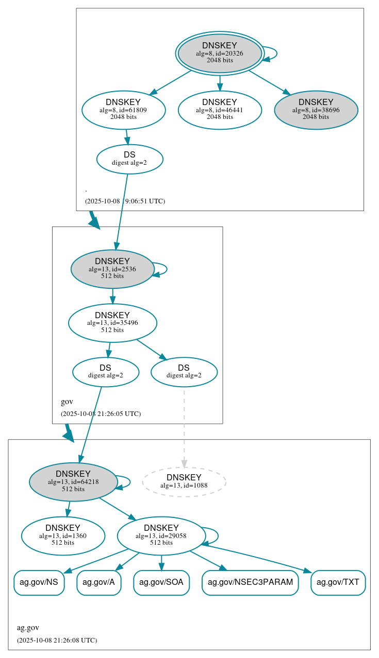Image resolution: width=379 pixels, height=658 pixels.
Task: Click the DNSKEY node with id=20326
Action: click(x=220, y=53)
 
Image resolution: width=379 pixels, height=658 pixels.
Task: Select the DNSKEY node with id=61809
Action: click(x=123, y=109)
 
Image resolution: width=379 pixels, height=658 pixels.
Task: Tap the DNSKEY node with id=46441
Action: click(x=220, y=109)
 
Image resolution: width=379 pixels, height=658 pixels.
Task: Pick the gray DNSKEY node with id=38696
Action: click(x=316, y=109)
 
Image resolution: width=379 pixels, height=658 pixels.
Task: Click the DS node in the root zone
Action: click(x=129, y=159)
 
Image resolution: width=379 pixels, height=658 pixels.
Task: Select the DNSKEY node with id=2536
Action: click(x=112, y=269)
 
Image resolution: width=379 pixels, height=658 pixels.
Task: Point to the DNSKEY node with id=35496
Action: click(x=112, y=323)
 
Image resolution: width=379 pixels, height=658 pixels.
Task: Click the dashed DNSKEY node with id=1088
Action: click(x=184, y=481)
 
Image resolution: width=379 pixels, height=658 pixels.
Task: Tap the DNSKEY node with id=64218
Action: click(x=73, y=481)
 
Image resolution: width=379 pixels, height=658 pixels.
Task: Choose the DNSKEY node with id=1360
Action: click(x=63, y=535)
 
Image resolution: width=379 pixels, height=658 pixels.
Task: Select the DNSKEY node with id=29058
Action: click(x=161, y=535)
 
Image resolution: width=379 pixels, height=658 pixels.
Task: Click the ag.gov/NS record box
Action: click(x=39, y=582)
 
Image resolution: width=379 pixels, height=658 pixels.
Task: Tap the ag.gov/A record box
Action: click(x=98, y=582)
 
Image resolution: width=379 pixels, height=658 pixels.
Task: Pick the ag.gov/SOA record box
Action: click(x=161, y=582)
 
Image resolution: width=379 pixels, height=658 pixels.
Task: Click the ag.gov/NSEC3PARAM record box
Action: click(x=250, y=582)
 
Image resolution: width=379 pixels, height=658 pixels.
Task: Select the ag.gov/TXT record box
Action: click(x=338, y=582)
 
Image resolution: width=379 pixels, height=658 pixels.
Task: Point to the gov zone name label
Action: click(x=67, y=402)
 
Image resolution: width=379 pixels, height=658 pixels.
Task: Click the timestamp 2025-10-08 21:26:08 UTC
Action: click(x=57, y=640)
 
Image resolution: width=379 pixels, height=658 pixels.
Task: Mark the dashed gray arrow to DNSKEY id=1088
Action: click(x=184, y=427)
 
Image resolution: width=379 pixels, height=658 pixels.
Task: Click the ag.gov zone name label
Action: click(x=28, y=628)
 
